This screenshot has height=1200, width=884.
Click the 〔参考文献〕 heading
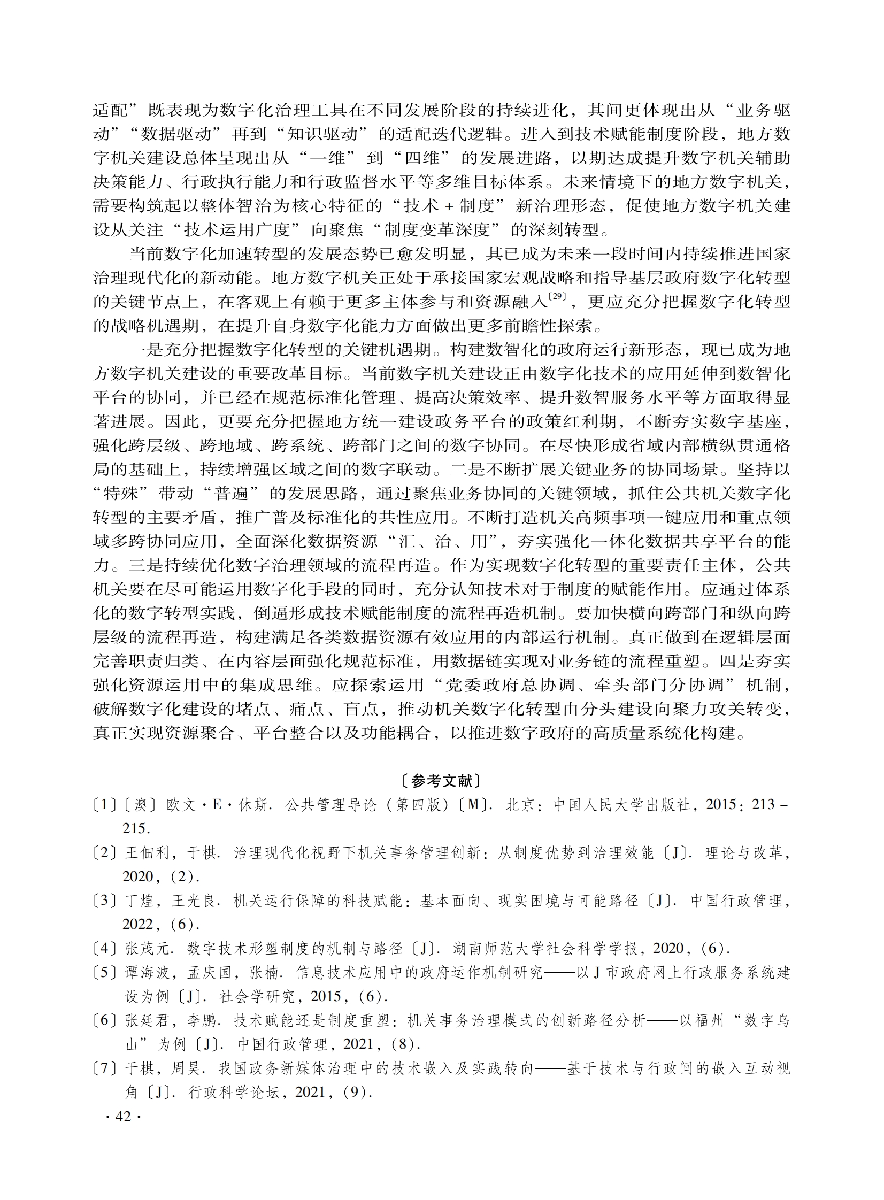point(441,782)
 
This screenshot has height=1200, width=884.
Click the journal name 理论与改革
point(744,853)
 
